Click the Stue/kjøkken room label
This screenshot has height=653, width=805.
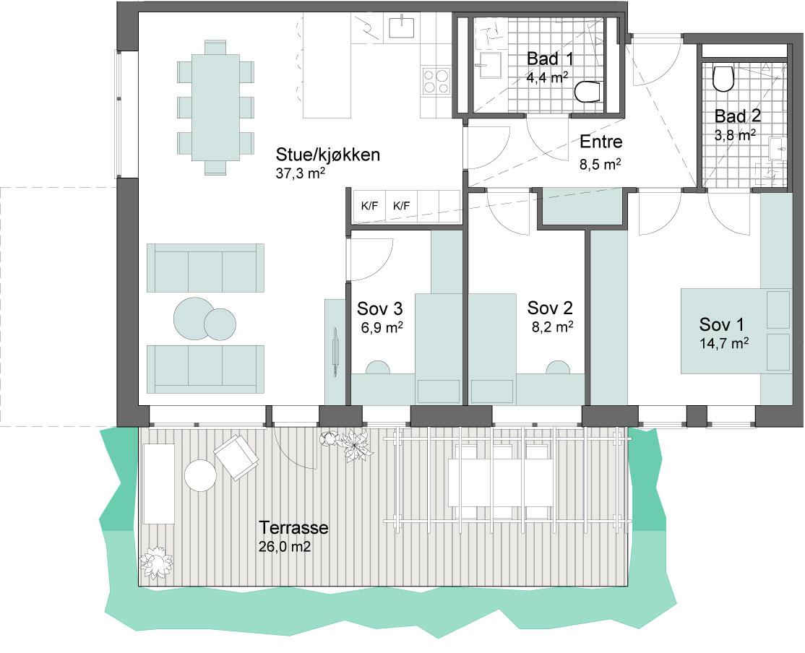[327, 154]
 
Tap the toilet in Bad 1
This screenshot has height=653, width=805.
[587, 92]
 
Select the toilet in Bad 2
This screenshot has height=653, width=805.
[723, 78]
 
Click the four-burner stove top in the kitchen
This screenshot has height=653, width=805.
[436, 81]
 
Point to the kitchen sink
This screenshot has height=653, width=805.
[402, 26]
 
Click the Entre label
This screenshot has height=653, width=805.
[600, 141]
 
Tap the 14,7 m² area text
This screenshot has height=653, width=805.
[724, 343]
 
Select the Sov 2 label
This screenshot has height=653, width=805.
[550, 308]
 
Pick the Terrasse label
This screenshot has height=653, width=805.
[293, 527]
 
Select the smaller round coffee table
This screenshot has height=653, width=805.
[220, 324]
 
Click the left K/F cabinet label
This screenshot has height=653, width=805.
[369, 207]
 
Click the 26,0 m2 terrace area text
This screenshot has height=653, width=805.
[285, 547]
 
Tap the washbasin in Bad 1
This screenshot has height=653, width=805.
[490, 65]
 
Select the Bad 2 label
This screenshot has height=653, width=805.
[738, 116]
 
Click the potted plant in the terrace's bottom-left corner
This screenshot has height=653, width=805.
[156, 563]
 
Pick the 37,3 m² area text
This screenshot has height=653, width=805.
[301, 173]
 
